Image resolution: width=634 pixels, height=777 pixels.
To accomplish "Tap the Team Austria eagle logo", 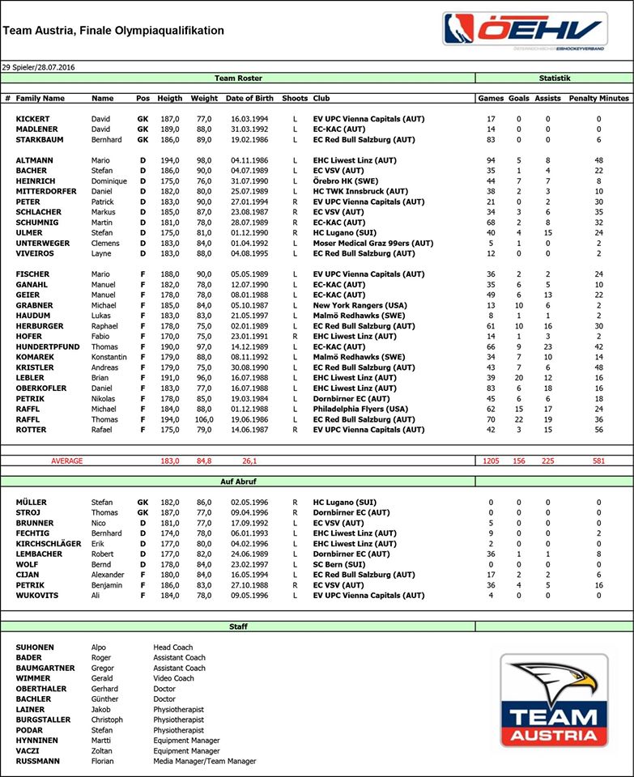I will [555, 699].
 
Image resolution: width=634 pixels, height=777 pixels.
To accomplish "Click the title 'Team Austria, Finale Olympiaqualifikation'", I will [114, 31].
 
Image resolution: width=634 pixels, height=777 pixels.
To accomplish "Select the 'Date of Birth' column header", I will [249, 98].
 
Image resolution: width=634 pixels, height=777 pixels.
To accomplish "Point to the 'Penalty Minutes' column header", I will [598, 98].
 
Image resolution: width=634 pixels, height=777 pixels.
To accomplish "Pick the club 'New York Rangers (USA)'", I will [360, 306].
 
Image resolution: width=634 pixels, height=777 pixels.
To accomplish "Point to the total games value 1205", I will [490, 461].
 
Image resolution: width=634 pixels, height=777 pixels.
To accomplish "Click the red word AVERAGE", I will [67, 461].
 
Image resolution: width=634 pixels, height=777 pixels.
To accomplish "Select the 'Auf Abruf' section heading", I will [237, 482].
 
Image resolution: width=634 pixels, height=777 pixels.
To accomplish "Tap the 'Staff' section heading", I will [237, 626].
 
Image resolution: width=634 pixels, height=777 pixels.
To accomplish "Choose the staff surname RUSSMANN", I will [37, 762].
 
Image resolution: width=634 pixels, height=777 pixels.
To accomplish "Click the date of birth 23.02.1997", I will [249, 564].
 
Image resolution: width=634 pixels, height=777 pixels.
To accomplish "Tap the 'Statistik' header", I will [555, 78].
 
